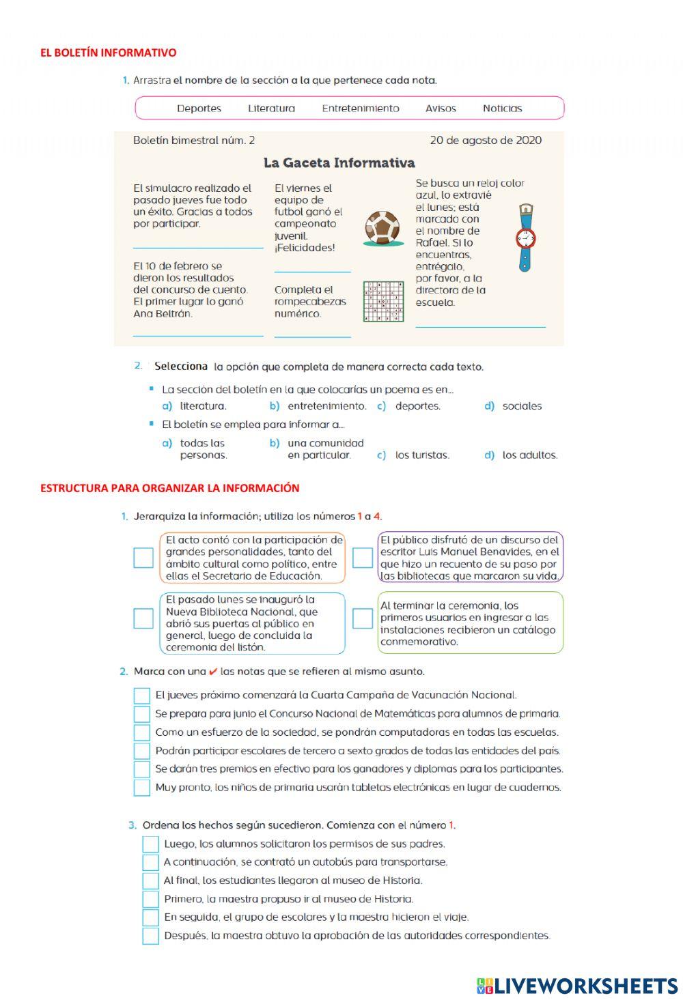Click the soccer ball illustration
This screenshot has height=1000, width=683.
382,228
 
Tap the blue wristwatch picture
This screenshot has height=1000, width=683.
525,238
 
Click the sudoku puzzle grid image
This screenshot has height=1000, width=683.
383,302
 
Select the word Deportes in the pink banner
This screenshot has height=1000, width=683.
199,108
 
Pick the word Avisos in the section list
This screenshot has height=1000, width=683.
441,108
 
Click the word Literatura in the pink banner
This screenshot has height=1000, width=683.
271,108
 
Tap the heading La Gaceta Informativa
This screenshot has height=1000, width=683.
339,162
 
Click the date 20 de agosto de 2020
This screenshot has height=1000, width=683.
486,140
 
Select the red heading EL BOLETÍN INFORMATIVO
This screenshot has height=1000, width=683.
108,53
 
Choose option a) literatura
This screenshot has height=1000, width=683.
195,405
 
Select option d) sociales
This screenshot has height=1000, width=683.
514,405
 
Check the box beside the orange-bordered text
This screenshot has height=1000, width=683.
143,558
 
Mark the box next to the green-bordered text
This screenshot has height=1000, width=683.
362,618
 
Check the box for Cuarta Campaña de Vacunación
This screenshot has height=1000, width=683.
141,696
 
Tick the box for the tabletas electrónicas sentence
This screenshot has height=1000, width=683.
141,788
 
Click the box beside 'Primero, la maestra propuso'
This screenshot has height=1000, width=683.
150,899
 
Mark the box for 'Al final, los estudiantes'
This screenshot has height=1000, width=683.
150,881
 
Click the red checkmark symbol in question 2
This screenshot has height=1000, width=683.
213,672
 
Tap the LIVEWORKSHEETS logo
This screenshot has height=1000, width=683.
577,985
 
